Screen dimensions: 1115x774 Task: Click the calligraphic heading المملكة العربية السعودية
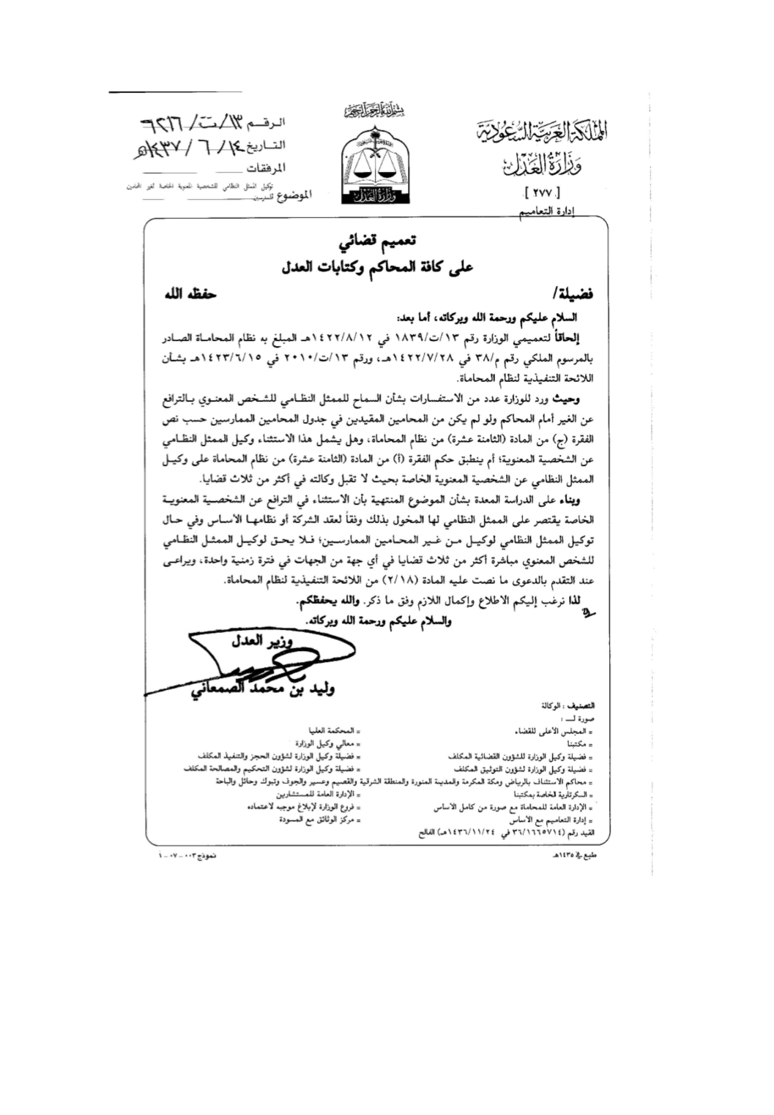click(x=543, y=134)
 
